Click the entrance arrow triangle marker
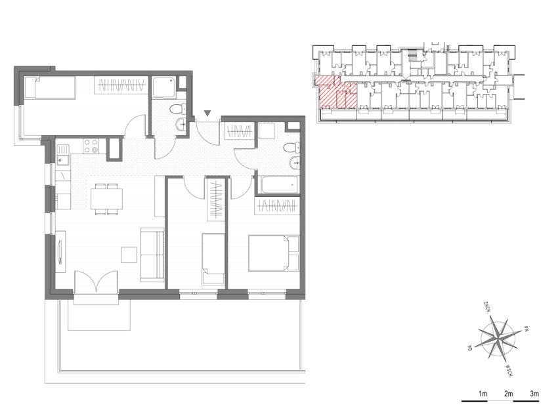coord(207,114)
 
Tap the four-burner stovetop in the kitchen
coord(91,146)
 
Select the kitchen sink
coord(64,155)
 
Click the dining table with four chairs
coord(107,199)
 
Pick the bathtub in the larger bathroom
coord(279,184)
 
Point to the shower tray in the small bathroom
coord(164,87)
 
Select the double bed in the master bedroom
coord(274,253)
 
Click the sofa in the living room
coord(152,255)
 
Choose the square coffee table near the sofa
coord(129,255)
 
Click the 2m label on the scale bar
coord(508,394)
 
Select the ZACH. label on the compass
coord(486,307)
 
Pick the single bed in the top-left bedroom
coord(50,87)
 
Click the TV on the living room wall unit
coord(60,252)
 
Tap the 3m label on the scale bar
coord(534,394)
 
